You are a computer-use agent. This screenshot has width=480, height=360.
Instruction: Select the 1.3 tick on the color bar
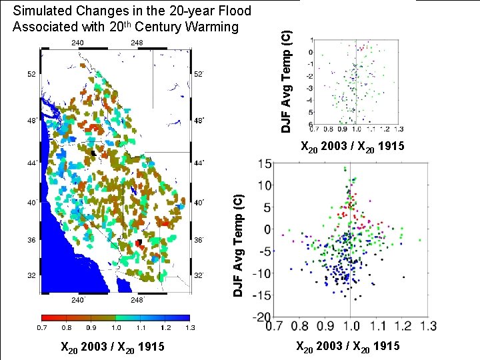click(189, 328)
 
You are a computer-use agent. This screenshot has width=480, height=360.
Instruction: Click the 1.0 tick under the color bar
click(117, 328)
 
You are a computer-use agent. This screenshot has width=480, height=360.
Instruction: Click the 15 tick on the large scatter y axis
click(265, 164)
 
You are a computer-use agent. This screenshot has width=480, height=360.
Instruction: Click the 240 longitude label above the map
click(77, 43)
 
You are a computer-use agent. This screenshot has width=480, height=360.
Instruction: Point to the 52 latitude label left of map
click(31, 75)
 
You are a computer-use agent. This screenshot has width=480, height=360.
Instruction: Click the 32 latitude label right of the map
click(199, 274)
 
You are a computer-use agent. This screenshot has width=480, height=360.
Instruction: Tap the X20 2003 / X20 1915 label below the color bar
click(113, 347)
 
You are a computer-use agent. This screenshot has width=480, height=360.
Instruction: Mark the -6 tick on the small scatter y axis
click(311, 125)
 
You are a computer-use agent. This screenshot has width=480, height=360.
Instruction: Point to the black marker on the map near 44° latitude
click(93, 153)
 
